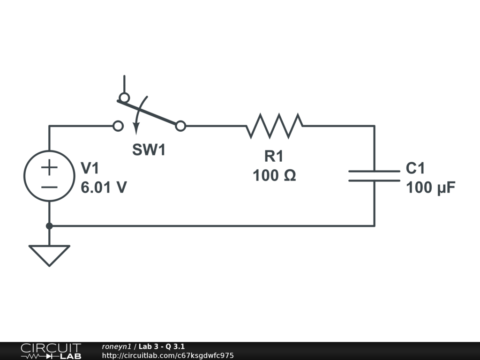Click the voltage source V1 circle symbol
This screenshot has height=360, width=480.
(49, 176)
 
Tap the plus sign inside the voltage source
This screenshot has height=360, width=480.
(49, 166)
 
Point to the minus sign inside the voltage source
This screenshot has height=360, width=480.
(49, 187)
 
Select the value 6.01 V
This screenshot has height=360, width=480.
(104, 187)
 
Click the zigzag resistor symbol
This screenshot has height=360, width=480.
(274, 126)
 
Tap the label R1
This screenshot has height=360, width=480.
(274, 156)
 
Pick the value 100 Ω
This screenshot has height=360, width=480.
(274, 176)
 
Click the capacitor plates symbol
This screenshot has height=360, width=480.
(374, 176)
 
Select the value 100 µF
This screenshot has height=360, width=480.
(431, 187)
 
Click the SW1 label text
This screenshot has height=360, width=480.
(149, 150)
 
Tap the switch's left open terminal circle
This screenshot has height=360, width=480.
(119, 126)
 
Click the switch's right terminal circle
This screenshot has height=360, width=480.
(180, 126)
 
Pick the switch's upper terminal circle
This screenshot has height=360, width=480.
(124, 97)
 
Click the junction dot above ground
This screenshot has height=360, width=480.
(49, 226)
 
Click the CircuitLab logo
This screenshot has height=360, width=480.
(51, 351)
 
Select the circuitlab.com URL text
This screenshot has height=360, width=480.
(167, 355)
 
